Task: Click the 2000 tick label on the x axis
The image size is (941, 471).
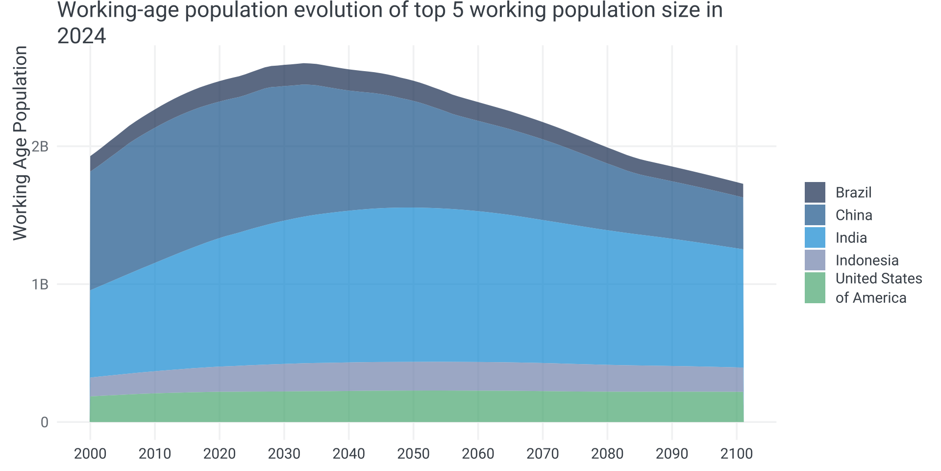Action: click(x=90, y=453)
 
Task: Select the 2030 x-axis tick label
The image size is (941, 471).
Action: click(x=284, y=453)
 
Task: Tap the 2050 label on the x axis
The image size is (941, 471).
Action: click(x=414, y=453)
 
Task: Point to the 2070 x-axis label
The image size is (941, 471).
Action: click(x=543, y=453)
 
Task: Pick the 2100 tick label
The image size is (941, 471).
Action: click(x=737, y=453)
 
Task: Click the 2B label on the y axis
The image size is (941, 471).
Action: click(x=40, y=146)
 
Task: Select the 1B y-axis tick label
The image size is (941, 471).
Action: click(x=40, y=284)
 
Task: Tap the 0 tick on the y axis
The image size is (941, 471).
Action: click(x=45, y=422)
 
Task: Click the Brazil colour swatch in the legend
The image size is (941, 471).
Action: click(x=815, y=192)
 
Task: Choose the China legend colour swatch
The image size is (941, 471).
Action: click(x=815, y=215)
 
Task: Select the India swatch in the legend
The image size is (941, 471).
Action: click(x=815, y=237)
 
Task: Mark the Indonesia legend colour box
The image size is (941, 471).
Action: click(x=815, y=260)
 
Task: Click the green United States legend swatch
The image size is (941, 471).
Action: click(x=815, y=288)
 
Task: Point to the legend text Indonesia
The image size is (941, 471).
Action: click(x=867, y=260)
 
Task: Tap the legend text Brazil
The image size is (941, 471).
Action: click(x=853, y=192)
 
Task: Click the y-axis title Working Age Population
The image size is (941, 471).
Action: click(x=20, y=143)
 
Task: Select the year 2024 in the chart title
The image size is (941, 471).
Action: click(x=81, y=36)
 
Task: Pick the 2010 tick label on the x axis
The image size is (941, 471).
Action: click(x=155, y=453)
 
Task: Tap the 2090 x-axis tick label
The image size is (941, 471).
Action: click(x=672, y=453)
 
